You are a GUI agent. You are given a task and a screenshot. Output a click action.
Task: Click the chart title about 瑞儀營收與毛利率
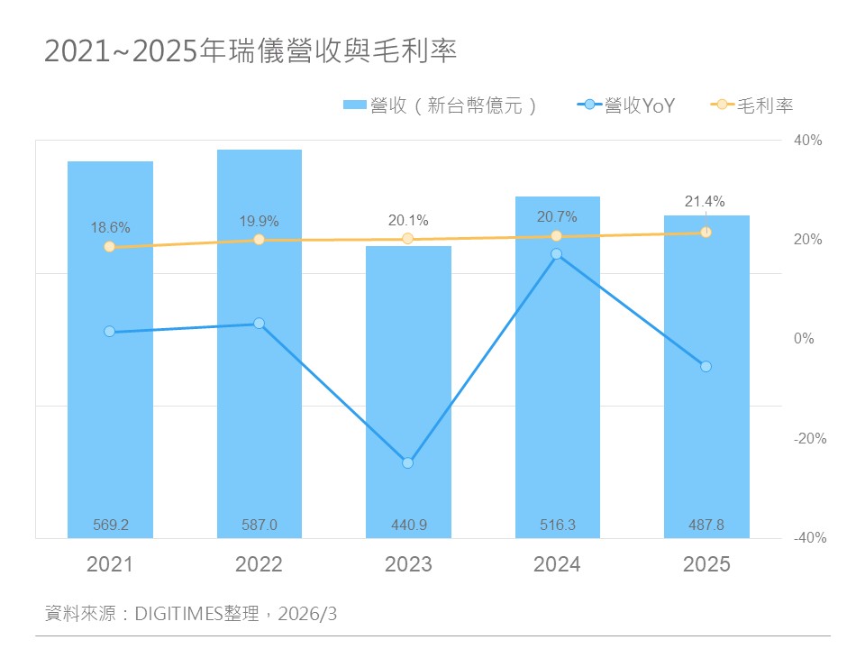point(251,51)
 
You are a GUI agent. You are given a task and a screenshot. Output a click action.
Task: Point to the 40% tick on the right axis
point(808,141)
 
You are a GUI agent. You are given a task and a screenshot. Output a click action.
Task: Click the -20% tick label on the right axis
point(808,439)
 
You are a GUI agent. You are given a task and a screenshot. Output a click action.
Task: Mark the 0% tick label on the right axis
point(804,339)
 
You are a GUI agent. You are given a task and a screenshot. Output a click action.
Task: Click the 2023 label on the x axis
point(408,565)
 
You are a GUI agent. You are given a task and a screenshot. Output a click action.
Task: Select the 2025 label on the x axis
point(706,565)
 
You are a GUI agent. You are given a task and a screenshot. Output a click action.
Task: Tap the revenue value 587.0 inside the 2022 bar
point(259,525)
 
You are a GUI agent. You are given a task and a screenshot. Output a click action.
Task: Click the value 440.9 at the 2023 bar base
point(408,525)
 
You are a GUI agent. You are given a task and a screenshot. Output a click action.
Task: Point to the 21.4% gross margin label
point(705,202)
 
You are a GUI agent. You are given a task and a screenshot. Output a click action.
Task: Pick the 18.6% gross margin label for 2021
point(110,228)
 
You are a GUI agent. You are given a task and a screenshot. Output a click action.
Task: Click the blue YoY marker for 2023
point(407,462)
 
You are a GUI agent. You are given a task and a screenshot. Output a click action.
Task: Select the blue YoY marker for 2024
point(557,254)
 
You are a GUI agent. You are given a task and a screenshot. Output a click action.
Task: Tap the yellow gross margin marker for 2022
point(259,240)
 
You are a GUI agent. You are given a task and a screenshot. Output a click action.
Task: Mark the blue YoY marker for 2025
point(706,366)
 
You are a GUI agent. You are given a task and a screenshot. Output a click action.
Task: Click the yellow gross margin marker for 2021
point(109,247)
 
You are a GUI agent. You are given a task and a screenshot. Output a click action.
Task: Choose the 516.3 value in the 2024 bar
point(557,525)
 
